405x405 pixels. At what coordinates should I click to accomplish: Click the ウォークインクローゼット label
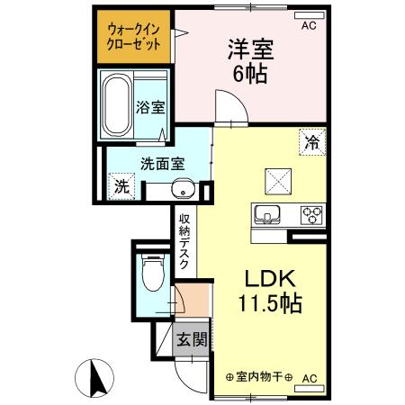pos(133,37)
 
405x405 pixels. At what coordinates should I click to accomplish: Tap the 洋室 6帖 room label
pos(251,61)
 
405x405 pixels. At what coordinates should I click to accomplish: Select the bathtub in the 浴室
pos(116,105)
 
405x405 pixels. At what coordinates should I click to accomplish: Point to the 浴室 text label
pos(150,108)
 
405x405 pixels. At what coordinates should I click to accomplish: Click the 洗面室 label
pos(162,164)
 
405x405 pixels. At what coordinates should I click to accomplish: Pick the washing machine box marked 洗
pos(121,186)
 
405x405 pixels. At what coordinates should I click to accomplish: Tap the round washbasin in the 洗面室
pos(183,189)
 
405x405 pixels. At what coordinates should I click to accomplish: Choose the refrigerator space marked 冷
pos(312,142)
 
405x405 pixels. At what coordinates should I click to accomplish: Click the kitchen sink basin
pos(267,215)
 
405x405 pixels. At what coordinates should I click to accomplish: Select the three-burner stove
pos(312,215)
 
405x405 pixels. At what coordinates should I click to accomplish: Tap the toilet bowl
pos(153,273)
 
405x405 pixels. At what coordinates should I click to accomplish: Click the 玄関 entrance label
pos(192,340)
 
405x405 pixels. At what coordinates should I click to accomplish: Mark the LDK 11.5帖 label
pos(270,292)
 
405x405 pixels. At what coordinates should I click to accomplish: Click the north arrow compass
pos(94,379)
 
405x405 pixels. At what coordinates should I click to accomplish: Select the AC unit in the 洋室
pos(310,15)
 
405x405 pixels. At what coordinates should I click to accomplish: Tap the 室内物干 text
pos(259,377)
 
